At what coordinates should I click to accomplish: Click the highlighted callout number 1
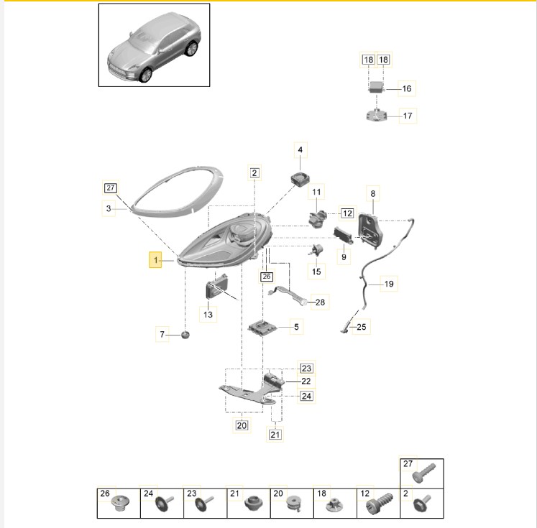click(x=155, y=260)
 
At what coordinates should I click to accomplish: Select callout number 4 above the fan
click(x=300, y=150)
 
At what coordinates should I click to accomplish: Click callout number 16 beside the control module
click(x=406, y=88)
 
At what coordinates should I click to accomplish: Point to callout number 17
click(x=408, y=116)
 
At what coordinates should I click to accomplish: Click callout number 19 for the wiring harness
click(x=389, y=284)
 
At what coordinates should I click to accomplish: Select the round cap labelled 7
click(x=185, y=335)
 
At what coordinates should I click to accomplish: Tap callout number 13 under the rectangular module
click(x=208, y=314)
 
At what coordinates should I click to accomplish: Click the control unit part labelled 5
click(x=262, y=328)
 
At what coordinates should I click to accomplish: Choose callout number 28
click(x=320, y=302)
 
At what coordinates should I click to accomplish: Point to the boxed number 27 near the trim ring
click(x=110, y=188)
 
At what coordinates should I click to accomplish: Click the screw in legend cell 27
click(x=423, y=473)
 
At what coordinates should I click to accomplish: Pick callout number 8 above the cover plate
click(x=373, y=194)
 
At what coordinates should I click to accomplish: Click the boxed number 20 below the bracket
click(x=242, y=425)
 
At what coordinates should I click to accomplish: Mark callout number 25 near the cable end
click(x=362, y=327)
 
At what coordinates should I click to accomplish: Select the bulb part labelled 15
click(x=316, y=251)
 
